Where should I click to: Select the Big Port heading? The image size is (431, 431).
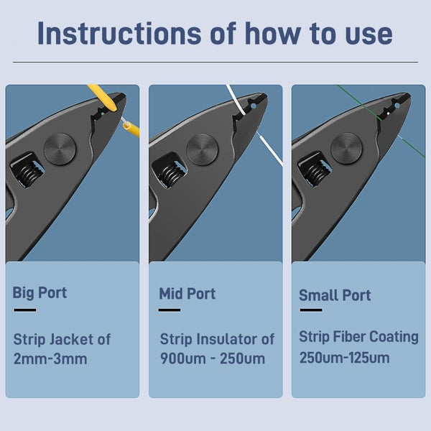(x=40, y=293)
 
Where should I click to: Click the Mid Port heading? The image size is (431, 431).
(x=187, y=294)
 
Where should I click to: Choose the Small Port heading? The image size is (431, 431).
(x=335, y=295)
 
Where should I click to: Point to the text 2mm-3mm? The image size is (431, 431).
(x=50, y=358)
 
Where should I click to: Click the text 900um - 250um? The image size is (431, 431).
(x=213, y=358)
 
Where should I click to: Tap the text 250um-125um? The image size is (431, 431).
(x=344, y=358)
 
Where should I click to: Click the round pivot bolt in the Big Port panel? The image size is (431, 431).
(x=60, y=149)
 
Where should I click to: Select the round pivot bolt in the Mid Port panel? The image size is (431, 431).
(x=203, y=150)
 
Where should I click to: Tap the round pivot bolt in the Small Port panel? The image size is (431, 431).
(x=347, y=149)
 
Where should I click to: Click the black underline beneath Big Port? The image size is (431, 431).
(x=25, y=310)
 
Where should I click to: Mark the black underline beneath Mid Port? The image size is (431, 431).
(x=170, y=310)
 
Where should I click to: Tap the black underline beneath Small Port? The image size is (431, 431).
(x=311, y=310)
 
